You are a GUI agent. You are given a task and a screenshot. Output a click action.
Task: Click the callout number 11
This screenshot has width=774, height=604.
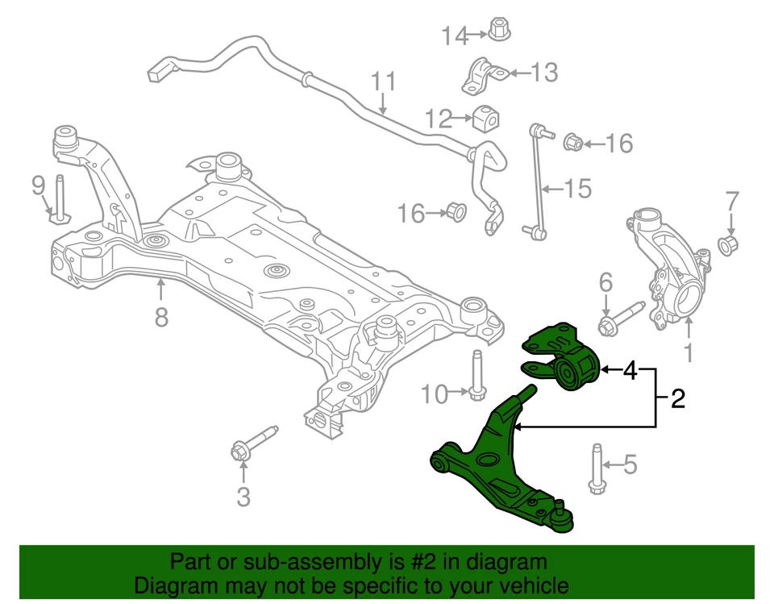(385, 82)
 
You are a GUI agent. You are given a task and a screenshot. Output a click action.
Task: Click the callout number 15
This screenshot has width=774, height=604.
(577, 189)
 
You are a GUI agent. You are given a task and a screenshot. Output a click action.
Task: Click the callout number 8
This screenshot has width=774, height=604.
(161, 317)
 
